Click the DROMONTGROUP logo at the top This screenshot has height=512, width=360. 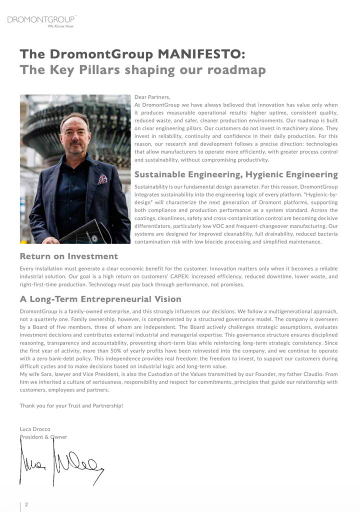41,19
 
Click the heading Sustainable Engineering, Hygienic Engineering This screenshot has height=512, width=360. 236,174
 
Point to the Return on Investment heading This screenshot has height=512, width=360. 69,256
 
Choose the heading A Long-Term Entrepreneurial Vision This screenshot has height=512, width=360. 100,299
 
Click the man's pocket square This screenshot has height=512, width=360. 102,178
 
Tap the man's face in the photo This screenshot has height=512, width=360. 74,133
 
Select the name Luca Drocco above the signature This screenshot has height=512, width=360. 35,429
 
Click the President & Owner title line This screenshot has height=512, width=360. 43,437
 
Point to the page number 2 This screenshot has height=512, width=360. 26,504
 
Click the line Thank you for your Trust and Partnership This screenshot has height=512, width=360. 71,405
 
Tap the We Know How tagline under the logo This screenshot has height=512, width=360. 60,26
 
